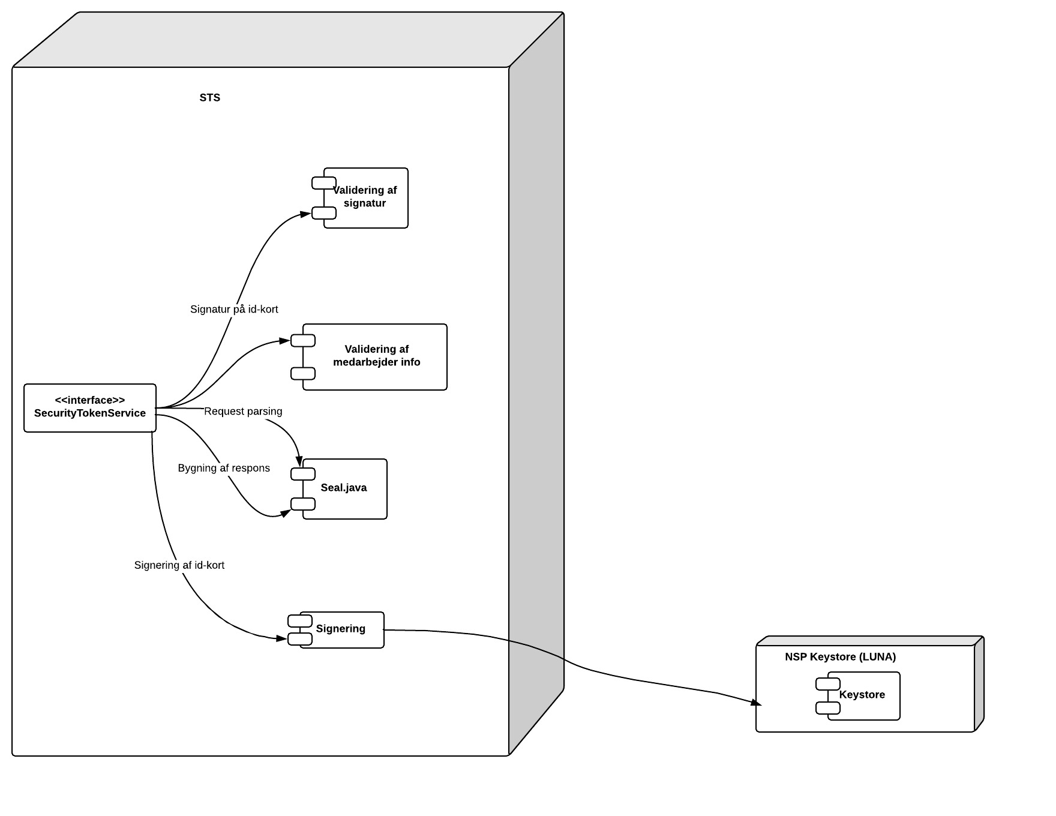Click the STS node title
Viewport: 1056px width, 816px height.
[x=210, y=98]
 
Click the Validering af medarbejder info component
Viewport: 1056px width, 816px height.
[x=377, y=356]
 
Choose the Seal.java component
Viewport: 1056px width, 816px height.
[x=344, y=488]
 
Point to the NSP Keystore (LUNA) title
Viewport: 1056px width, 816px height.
[x=840, y=657]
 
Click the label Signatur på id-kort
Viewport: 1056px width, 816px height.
[x=234, y=310]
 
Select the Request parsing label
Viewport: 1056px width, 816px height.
[x=243, y=412]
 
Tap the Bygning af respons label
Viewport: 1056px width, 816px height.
[x=224, y=469]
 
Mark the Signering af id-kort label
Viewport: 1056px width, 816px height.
[x=179, y=565]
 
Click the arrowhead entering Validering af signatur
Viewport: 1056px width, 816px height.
[x=305, y=214]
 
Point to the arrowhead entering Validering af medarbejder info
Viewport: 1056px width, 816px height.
[x=284, y=341]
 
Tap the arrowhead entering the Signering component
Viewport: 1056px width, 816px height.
[x=281, y=638]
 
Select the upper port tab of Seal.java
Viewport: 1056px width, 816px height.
[x=303, y=474]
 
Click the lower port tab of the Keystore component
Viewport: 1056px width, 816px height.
[x=828, y=709]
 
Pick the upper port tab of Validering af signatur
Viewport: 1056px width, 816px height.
[x=324, y=183]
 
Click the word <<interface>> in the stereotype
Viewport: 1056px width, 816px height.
[x=90, y=400]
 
